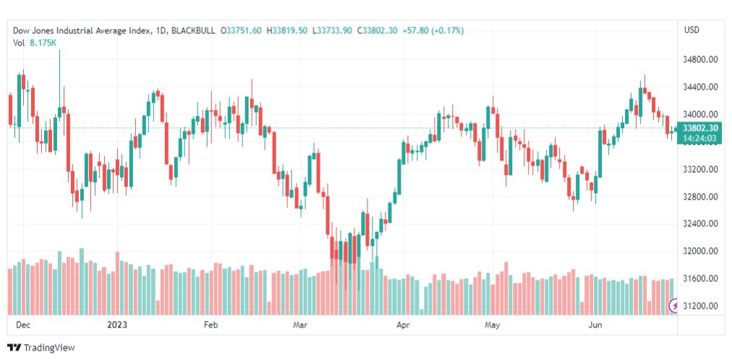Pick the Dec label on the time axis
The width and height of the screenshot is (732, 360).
tap(23, 325)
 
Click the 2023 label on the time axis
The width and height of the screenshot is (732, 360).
tap(117, 325)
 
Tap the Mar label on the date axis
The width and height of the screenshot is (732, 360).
tap(301, 325)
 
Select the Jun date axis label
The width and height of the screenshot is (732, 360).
tap(596, 325)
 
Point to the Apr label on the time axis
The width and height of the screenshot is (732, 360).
tap(403, 325)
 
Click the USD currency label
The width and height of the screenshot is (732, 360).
tap(691, 30)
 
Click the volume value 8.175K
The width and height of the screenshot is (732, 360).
tap(43, 43)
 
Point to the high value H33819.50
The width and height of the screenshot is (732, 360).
tap(287, 30)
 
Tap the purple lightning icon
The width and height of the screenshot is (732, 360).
tap(673, 307)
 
